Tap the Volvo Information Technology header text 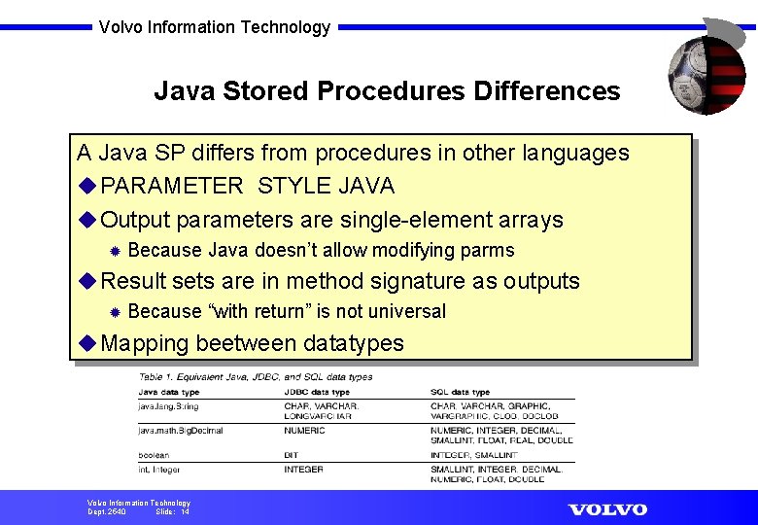(x=215, y=27)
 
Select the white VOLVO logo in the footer (x=607, y=509)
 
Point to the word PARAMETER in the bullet (x=172, y=186)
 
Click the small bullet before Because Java (x=115, y=251)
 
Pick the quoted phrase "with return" (x=259, y=311)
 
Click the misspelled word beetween (x=246, y=343)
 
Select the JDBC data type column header (x=317, y=392)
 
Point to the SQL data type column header (x=461, y=392)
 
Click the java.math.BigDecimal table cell (x=181, y=430)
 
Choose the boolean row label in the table (x=154, y=454)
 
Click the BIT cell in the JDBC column (x=292, y=454)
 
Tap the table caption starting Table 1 (x=256, y=376)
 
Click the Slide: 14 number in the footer (x=173, y=511)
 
